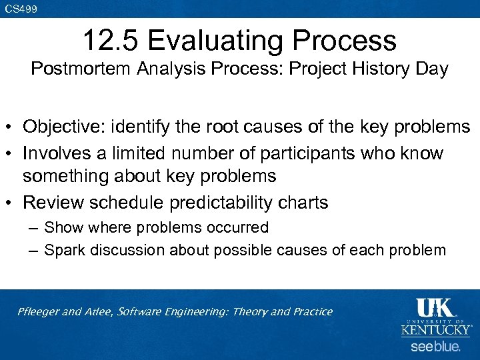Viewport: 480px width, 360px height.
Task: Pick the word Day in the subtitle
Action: [432, 69]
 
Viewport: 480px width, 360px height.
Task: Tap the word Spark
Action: [63, 250]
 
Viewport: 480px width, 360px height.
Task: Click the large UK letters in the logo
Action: [434, 308]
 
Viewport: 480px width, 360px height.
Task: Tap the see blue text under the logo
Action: [435, 347]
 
